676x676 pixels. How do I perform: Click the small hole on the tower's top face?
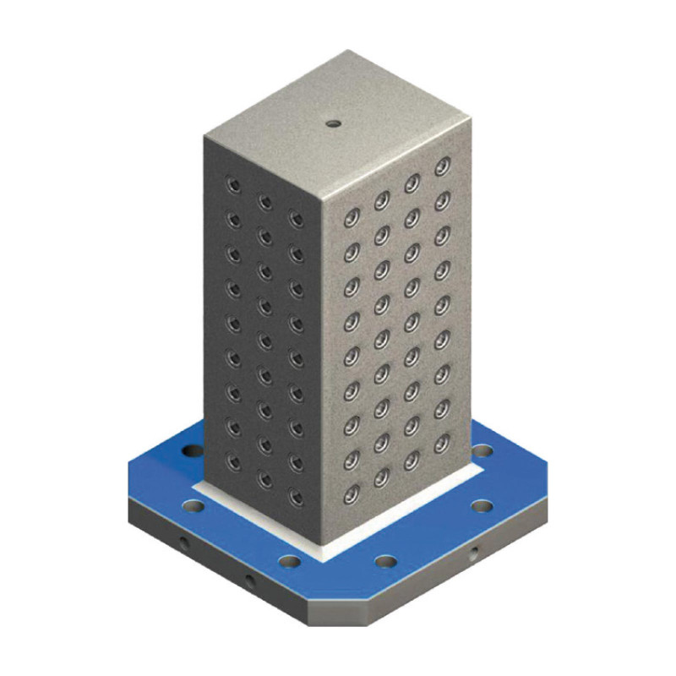point(333,123)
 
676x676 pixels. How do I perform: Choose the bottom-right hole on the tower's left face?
point(296,496)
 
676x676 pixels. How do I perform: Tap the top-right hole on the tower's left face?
point(296,219)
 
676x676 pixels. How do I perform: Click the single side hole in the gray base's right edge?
point(474,554)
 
